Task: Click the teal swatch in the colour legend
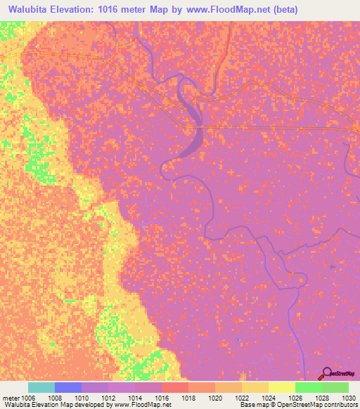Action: pos(41,387)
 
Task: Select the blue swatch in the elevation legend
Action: pos(68,387)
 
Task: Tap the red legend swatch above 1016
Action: pos(174,387)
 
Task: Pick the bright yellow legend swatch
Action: pos(281,387)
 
